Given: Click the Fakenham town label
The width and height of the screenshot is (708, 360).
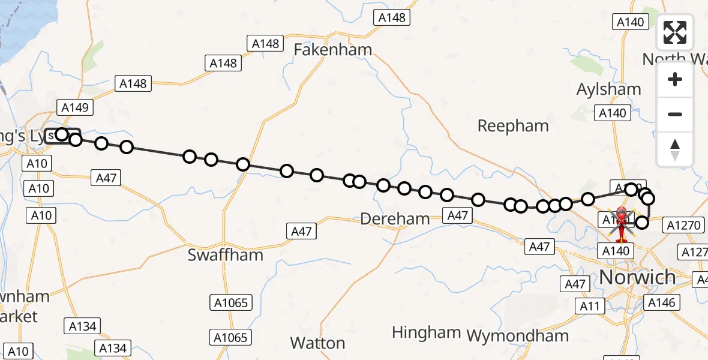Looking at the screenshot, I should click(333, 49).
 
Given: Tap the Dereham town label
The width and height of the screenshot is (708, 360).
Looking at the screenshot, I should click(395, 219).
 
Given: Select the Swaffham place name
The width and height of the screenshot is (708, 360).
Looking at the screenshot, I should click(225, 254).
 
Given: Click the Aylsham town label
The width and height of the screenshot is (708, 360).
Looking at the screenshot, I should click(608, 89).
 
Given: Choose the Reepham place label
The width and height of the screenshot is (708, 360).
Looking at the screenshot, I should click(513, 126).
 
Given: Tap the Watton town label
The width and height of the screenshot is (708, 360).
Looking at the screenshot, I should click(317, 343).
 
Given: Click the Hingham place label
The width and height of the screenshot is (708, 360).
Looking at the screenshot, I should click(426, 332).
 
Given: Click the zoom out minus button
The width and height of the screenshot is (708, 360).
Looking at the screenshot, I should click(675, 114).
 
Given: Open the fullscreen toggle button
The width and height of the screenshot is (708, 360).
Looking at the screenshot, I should click(675, 32).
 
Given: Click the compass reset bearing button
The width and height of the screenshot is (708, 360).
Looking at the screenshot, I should click(675, 149).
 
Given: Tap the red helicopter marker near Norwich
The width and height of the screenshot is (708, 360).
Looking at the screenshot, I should click(622, 221).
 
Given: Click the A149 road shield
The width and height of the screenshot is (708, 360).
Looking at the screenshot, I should click(75, 108).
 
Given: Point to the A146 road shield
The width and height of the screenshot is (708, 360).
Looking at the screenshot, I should click(663, 303).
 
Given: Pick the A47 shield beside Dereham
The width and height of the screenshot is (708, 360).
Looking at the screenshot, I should click(457, 215).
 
